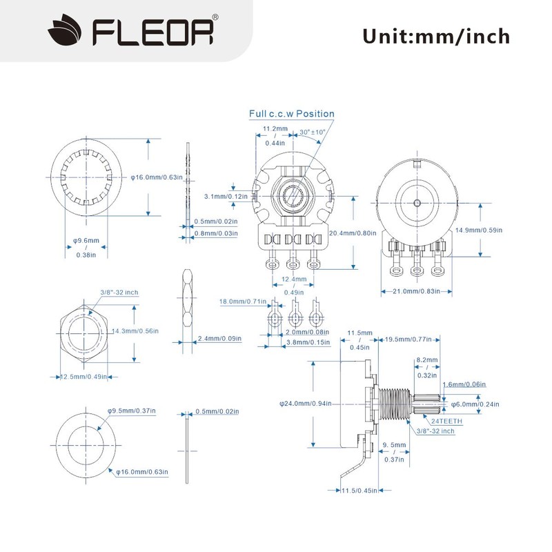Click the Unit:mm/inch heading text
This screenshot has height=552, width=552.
click(x=436, y=37)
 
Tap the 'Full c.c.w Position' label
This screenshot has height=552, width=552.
click(x=291, y=114)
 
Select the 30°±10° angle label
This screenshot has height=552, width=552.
click(x=313, y=132)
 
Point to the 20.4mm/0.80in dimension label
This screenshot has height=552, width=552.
click(x=353, y=233)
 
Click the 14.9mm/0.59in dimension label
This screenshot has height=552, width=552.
click(x=479, y=230)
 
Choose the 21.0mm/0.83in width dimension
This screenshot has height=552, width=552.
click(x=416, y=291)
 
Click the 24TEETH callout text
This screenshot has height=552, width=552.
click(x=446, y=421)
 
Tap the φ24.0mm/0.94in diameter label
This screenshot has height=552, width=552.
click(x=305, y=404)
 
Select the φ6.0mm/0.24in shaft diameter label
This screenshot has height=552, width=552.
click(x=475, y=404)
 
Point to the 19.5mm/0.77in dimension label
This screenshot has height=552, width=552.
click(x=408, y=339)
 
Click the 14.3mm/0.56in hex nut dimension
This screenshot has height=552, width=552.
click(x=135, y=331)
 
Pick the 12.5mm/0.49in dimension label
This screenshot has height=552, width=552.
click(x=83, y=377)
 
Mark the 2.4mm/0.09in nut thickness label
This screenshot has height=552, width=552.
click(x=219, y=339)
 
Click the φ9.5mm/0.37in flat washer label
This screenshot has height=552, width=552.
click(x=131, y=411)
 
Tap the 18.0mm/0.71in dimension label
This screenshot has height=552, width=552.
click(x=243, y=302)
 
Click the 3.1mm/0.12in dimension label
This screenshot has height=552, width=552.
click(x=226, y=197)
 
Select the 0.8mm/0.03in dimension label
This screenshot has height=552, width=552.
click(x=216, y=233)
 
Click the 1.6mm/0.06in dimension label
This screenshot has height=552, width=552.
click(x=464, y=384)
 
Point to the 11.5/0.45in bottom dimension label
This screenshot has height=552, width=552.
click(x=359, y=491)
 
